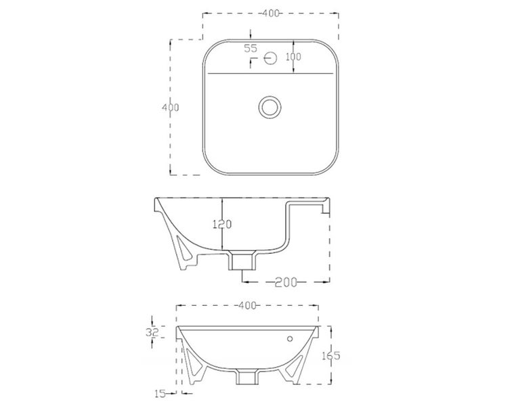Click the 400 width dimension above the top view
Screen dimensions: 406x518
click(x=271, y=13)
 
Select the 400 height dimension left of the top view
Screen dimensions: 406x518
click(x=164, y=108)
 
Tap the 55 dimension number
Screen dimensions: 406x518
click(x=251, y=48)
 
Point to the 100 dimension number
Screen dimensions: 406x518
click(x=293, y=57)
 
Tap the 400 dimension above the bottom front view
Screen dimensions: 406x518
click(x=248, y=306)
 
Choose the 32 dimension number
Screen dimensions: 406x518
click(x=152, y=332)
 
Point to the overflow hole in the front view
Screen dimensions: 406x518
click(x=290, y=338)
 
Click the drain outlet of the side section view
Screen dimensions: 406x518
click(x=243, y=260)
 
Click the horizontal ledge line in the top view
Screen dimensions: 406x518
click(x=271, y=72)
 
